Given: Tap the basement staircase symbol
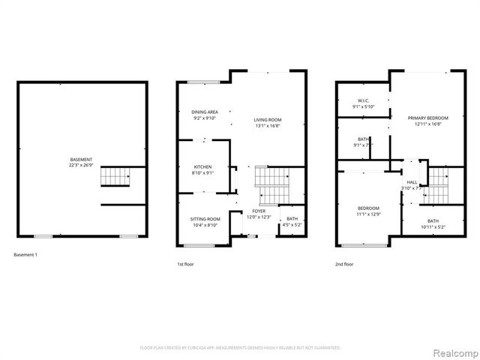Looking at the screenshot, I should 116,178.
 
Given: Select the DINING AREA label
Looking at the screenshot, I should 205,115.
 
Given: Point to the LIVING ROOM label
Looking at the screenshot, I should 267,122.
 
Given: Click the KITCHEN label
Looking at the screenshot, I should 203,169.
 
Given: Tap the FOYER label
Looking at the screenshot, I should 259,214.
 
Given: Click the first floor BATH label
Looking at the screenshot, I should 291,221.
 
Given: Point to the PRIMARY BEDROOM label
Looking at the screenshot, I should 428,121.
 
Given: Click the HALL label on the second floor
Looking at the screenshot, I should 412,185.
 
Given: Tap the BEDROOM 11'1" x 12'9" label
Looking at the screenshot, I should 367,211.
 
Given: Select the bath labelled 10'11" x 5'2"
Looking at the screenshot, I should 433,223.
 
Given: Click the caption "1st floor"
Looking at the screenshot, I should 185,264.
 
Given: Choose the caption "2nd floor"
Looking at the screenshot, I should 346,264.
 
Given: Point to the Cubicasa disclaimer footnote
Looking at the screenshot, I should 240,348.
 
